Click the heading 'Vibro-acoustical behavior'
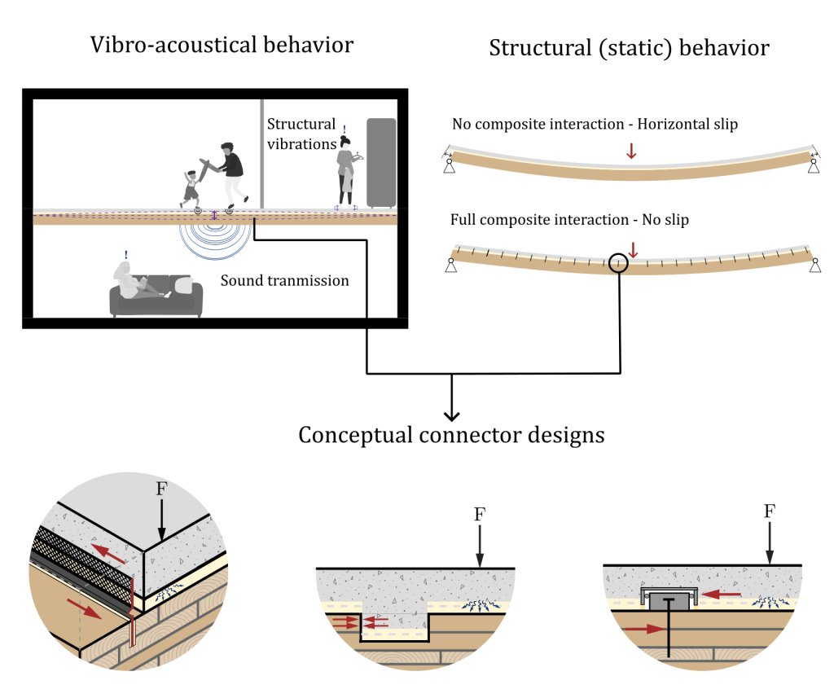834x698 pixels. (222, 44)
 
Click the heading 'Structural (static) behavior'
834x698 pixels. (629, 48)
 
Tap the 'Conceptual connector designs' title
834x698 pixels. (451, 434)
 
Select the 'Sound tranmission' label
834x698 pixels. (284, 281)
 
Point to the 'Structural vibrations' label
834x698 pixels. (301, 134)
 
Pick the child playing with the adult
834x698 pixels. (191, 187)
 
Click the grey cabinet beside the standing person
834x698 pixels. (381, 162)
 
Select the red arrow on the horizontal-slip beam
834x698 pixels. (629, 151)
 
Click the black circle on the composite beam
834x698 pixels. (618, 263)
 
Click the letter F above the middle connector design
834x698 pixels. (480, 515)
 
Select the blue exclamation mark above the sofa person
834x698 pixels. (126, 255)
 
